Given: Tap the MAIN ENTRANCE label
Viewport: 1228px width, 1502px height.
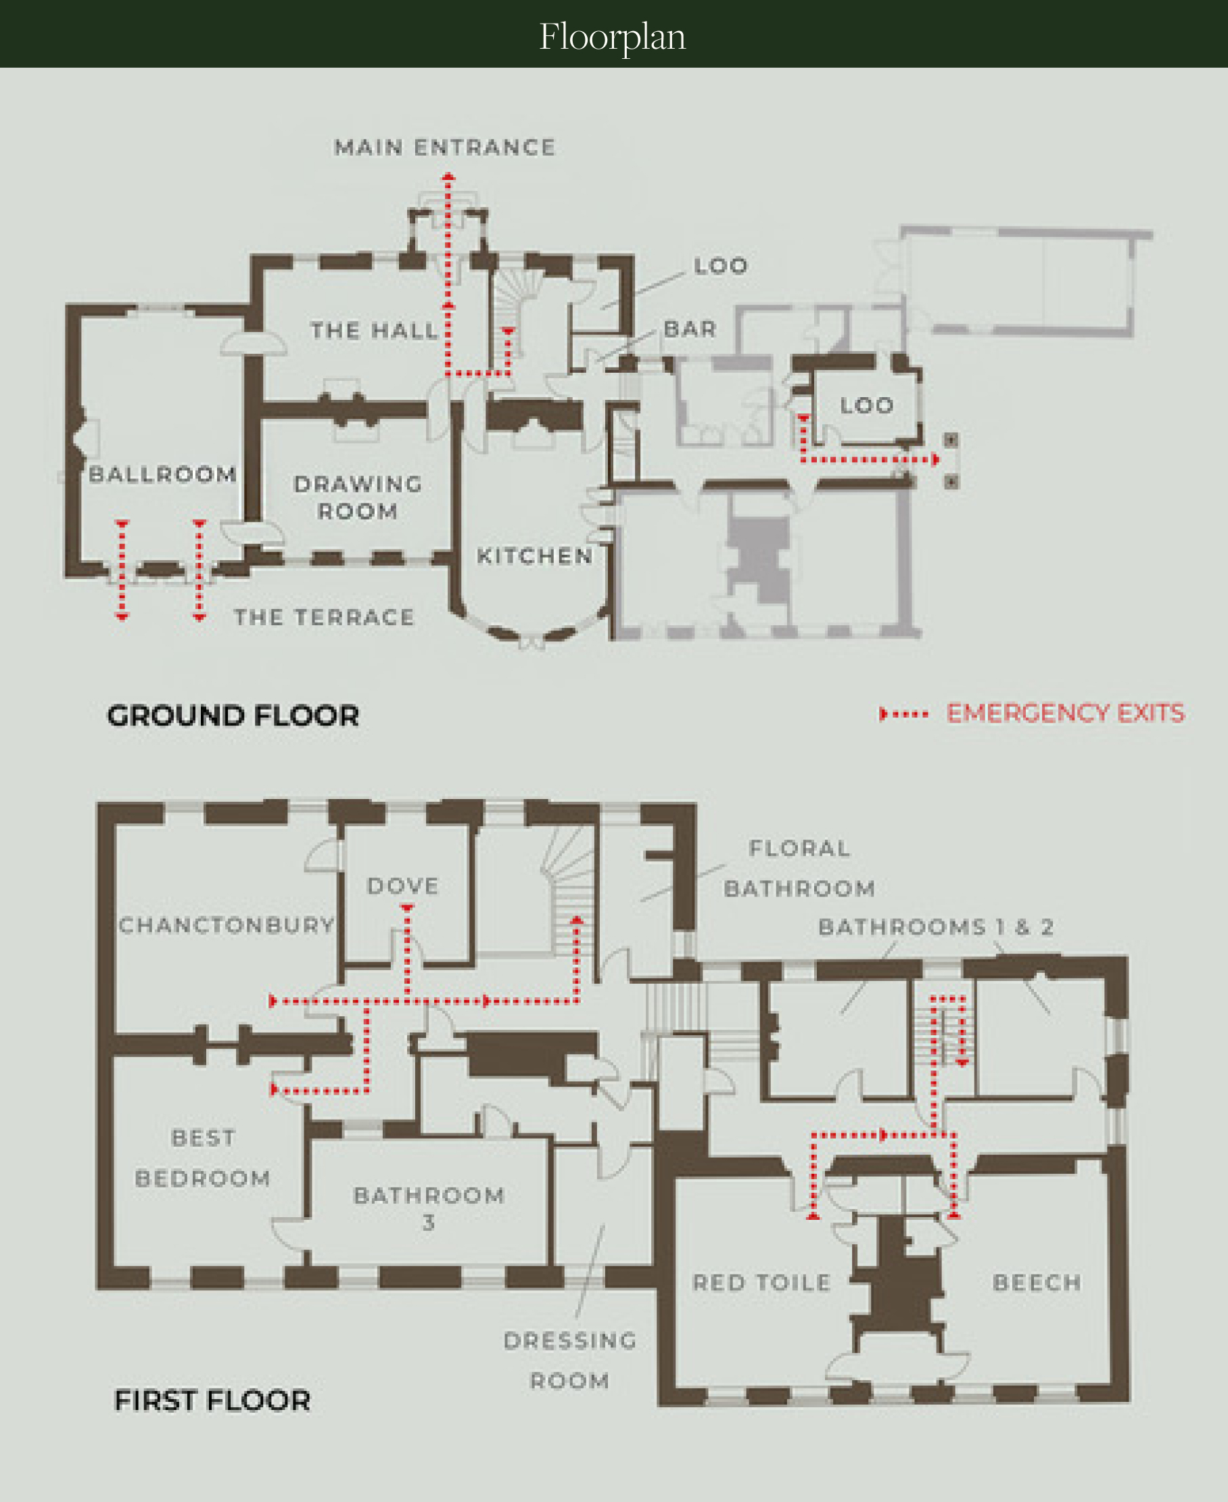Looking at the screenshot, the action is tap(445, 147).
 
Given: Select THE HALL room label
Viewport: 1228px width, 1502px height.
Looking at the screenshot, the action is tap(374, 331).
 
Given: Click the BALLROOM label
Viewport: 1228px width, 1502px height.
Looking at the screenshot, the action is tap(163, 474).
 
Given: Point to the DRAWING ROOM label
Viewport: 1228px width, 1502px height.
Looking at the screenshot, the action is tap(358, 497).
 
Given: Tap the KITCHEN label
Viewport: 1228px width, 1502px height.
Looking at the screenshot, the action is tap(535, 556).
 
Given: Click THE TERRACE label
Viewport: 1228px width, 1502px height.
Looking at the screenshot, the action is tap(325, 617).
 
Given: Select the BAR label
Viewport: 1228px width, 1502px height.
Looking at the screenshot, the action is tap(690, 329).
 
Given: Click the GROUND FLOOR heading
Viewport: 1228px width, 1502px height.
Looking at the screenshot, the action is tap(233, 716).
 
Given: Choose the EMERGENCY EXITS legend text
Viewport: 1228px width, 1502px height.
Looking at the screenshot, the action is tap(1065, 713).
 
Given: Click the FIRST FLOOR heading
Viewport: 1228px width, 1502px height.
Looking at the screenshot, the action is tap(212, 1401).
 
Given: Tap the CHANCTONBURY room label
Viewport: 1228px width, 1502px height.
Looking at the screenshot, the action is tap(227, 925).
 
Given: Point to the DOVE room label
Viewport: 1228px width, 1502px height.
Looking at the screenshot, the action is tap(403, 886).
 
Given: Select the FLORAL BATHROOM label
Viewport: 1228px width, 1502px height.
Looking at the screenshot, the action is tap(799, 869).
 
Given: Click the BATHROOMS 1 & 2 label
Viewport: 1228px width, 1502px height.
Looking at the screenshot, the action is tap(936, 927).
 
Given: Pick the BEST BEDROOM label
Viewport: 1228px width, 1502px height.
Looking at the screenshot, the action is tap(203, 1158).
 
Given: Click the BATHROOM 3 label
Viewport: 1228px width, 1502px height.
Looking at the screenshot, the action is tap(429, 1209).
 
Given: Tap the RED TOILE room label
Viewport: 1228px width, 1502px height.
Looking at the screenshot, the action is tap(762, 1283).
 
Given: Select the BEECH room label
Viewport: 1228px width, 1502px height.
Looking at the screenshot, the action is tap(1037, 1283).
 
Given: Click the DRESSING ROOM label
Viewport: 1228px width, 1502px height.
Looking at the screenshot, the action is tap(570, 1361).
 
